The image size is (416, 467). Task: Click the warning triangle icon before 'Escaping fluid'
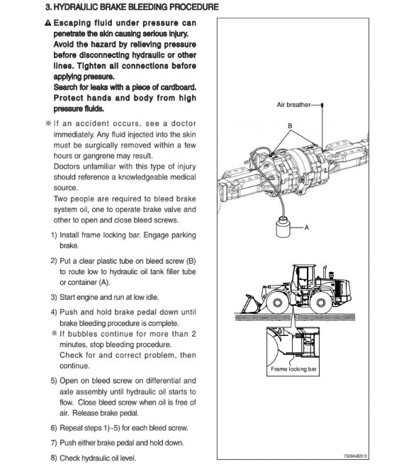pos(48,23)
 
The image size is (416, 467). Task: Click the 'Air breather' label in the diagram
pos(293,105)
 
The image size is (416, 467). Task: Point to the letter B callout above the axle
pos(290,125)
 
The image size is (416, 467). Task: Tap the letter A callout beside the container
pos(307,227)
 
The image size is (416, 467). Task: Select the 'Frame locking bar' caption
pos(293,369)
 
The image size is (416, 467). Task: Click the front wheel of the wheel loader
pos(277,303)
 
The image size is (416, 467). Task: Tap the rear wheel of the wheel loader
pos(320,303)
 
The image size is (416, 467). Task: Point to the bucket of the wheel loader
pos(251,304)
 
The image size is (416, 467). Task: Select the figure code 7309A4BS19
pos(355,456)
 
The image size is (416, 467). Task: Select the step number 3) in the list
pos(54,297)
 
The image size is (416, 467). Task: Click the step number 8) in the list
pos(54,458)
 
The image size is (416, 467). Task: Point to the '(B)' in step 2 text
pos(191,261)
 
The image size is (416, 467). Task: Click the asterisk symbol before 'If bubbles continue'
pos(54,333)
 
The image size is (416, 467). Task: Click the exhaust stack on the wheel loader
pos(325,273)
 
